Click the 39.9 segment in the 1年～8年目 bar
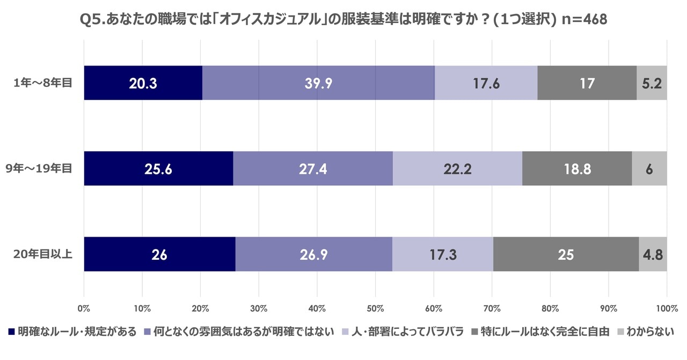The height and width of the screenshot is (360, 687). [x=318, y=83]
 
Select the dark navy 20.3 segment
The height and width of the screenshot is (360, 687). [x=143, y=83]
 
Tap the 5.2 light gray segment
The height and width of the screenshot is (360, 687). [x=652, y=83]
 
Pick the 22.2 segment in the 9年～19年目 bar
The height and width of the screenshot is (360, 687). [x=457, y=168]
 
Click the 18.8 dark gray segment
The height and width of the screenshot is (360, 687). [x=577, y=168]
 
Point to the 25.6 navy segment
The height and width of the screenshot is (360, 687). [x=158, y=168]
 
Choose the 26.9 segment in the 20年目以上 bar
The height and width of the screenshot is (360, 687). [x=313, y=254]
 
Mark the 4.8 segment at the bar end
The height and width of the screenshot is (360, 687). [x=653, y=254]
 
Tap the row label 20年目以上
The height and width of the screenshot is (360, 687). [x=43, y=254]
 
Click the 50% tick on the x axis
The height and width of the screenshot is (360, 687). [x=375, y=309]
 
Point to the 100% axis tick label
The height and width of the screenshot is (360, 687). [x=666, y=309]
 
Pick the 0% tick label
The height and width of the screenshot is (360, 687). [x=84, y=309]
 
